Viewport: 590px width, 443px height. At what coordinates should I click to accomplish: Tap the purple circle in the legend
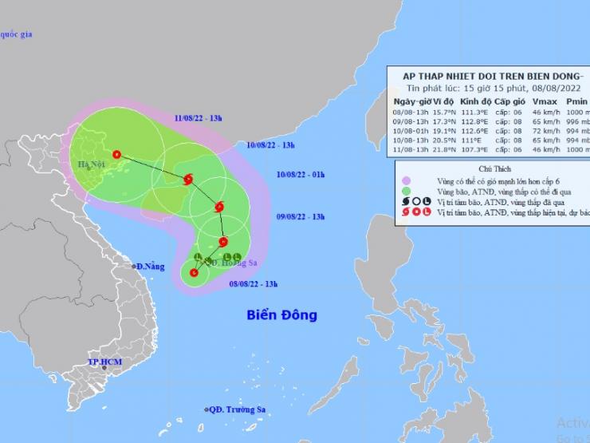coord(407,180)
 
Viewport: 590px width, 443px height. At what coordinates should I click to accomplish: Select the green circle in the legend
coord(407,191)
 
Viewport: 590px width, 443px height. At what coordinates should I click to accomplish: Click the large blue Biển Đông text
coord(281,314)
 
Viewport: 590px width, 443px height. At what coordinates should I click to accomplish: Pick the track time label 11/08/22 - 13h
coord(199,117)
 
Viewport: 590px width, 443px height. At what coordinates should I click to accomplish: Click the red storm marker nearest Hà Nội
coord(117,155)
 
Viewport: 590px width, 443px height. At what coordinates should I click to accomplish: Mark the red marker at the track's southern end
coord(194,273)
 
